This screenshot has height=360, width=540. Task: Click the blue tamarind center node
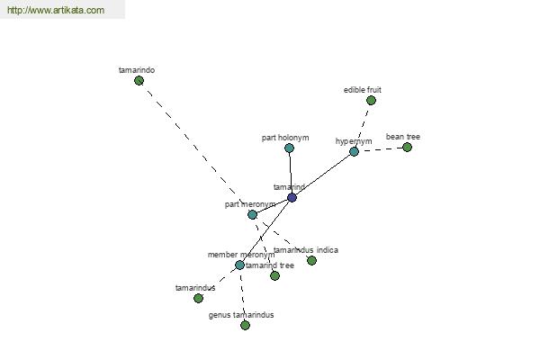(x=292, y=198)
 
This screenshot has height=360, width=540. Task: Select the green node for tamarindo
(x=139, y=81)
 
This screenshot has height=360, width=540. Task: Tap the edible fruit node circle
(x=371, y=101)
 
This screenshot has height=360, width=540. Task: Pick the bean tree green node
(x=407, y=148)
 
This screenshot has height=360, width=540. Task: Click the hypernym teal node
(x=354, y=151)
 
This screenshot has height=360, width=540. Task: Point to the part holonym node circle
(x=289, y=148)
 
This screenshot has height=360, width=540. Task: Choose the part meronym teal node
(x=252, y=214)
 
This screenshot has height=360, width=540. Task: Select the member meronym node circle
(x=239, y=265)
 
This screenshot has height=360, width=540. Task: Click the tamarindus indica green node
(x=311, y=260)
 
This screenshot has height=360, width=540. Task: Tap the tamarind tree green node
(x=274, y=275)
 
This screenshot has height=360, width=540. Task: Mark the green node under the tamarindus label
(x=198, y=298)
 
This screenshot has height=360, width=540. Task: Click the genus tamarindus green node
(x=245, y=325)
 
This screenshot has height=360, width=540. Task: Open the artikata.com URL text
(x=56, y=10)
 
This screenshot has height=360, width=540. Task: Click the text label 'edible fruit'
(x=363, y=90)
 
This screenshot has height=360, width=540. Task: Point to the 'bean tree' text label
(x=403, y=137)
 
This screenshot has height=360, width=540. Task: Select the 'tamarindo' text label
(x=137, y=70)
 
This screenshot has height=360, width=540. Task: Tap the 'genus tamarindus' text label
(x=241, y=315)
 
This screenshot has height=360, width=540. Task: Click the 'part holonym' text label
(x=285, y=138)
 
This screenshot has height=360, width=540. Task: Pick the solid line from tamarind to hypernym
(x=323, y=175)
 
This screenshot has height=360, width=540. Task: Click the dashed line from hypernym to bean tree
(x=381, y=149)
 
